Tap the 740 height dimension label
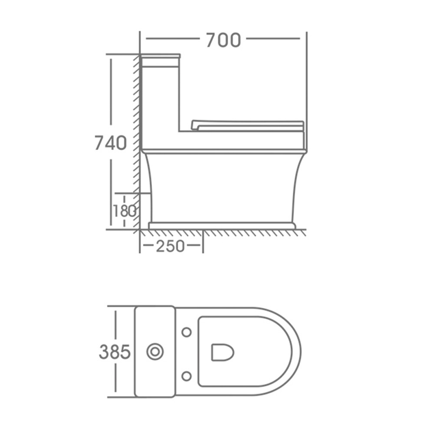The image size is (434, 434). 111,143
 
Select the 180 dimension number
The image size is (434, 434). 125,211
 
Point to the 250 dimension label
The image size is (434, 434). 170,246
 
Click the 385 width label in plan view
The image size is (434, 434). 115,352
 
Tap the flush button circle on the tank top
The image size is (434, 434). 155,352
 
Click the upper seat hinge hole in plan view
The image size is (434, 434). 187,332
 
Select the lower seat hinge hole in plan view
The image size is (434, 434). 187,376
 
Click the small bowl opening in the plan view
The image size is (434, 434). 223,352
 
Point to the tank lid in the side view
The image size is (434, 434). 160,56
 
